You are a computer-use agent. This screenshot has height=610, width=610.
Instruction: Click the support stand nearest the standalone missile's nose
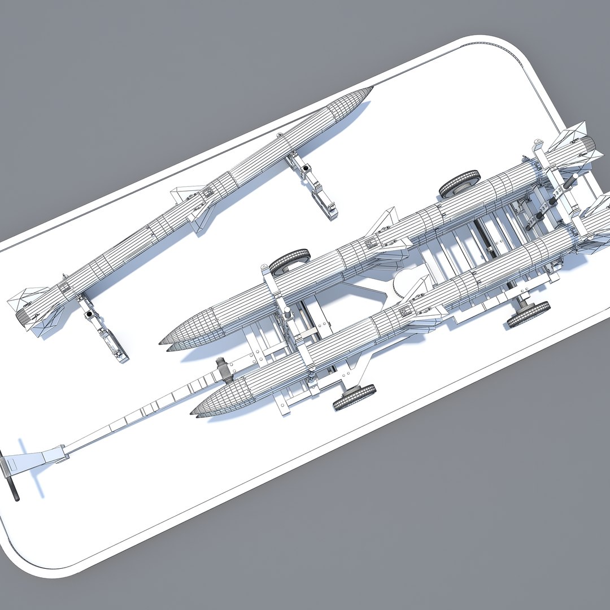pos(314,184)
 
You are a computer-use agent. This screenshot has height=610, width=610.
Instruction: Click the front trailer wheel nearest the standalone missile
pos(289,261)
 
